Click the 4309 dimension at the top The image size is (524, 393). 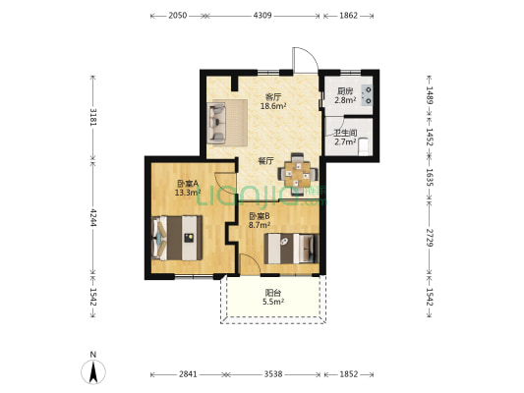(262, 16)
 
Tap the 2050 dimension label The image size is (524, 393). (177, 16)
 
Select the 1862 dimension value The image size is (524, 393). (349, 16)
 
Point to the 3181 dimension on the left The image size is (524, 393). (93, 117)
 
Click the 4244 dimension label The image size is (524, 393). (93, 218)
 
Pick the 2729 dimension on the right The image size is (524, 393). (430, 238)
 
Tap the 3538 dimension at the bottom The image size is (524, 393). (273, 374)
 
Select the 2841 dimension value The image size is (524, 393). (188, 374)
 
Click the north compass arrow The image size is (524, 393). (93, 372)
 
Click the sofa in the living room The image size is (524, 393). (217, 123)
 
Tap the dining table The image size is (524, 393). (298, 174)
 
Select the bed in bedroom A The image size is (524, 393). (177, 238)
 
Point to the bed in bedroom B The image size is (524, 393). (291, 249)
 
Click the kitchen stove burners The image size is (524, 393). (368, 95)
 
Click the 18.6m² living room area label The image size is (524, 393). (273, 106)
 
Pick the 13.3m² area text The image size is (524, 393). (188, 192)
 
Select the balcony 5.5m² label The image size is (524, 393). (273, 302)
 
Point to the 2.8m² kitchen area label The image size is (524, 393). (345, 99)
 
